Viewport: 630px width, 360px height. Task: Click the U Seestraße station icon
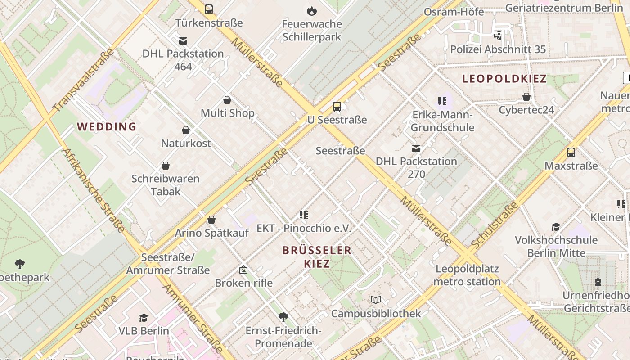tap(337, 107)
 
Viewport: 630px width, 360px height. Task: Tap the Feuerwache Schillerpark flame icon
tap(311, 11)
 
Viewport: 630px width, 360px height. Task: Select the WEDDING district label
tap(107, 126)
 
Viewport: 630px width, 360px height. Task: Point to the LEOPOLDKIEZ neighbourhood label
tap(504, 79)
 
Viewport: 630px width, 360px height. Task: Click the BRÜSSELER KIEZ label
tap(317, 256)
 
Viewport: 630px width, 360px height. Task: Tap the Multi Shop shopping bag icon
tap(227, 100)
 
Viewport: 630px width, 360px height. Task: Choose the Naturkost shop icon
tap(186, 130)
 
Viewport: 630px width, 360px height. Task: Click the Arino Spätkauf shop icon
tap(211, 220)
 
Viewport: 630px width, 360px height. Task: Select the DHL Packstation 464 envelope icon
tap(183, 41)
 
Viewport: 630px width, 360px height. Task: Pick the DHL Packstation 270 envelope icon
tap(416, 148)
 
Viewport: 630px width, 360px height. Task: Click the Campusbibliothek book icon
tap(376, 300)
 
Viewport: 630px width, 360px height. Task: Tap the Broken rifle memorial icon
tap(243, 270)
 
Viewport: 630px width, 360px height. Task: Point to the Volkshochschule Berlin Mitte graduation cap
tap(556, 227)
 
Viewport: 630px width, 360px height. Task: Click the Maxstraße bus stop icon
tap(571, 153)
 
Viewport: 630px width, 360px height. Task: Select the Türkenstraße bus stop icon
tap(209, 9)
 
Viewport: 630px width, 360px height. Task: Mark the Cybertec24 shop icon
tap(526, 97)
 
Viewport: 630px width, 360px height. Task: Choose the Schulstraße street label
tap(495, 225)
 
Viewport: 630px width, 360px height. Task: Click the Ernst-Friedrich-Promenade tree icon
tap(283, 317)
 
